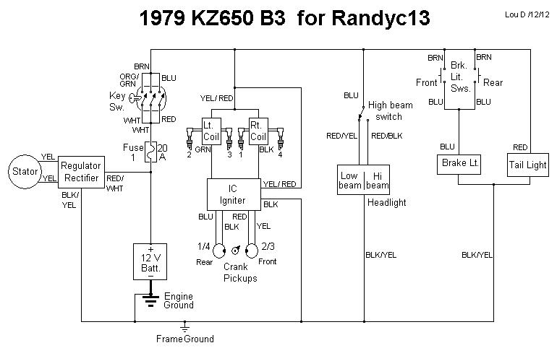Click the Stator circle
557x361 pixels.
pos(23,171)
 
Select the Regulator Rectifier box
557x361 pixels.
pos(81,172)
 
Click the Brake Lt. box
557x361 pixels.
pos(460,164)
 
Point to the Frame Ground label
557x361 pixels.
pos(185,338)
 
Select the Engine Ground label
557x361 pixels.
pos(179,300)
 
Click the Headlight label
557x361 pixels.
pos(387,203)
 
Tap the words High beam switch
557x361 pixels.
pos(391,110)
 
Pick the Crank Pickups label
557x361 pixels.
pos(239,273)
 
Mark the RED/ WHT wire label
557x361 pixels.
pos(115,184)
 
